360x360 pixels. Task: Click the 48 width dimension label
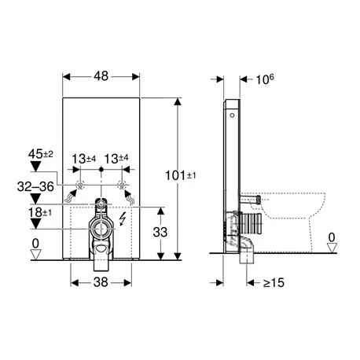pyautogui.click(x=101, y=76)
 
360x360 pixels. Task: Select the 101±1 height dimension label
pyautogui.click(x=181, y=175)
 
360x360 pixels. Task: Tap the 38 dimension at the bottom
pyautogui.click(x=101, y=282)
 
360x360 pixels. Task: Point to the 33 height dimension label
pyautogui.click(x=160, y=232)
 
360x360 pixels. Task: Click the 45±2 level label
pyautogui.click(x=41, y=154)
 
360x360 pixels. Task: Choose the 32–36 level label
pyautogui.click(x=35, y=187)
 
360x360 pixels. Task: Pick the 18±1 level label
pyautogui.click(x=40, y=212)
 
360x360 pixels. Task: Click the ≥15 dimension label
pyautogui.click(x=274, y=283)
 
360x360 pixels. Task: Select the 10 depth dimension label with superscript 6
pyautogui.click(x=265, y=79)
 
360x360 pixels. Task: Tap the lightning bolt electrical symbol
pyautogui.click(x=122, y=219)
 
